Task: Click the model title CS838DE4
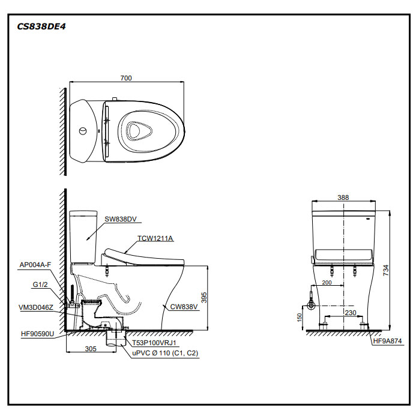pos(41,26)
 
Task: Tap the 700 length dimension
pos(125,78)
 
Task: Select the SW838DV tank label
pos(120,221)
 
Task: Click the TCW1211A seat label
pos(155,238)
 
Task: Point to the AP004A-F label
pos(35,264)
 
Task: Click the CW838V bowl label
pos(184,307)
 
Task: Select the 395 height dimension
pos(203,297)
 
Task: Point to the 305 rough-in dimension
pos(91,348)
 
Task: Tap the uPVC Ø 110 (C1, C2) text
pos(165,354)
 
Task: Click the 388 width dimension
pos(343,197)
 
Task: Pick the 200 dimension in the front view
pos(327,282)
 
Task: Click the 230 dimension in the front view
pos(351,312)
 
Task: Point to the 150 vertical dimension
pos(300,316)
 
